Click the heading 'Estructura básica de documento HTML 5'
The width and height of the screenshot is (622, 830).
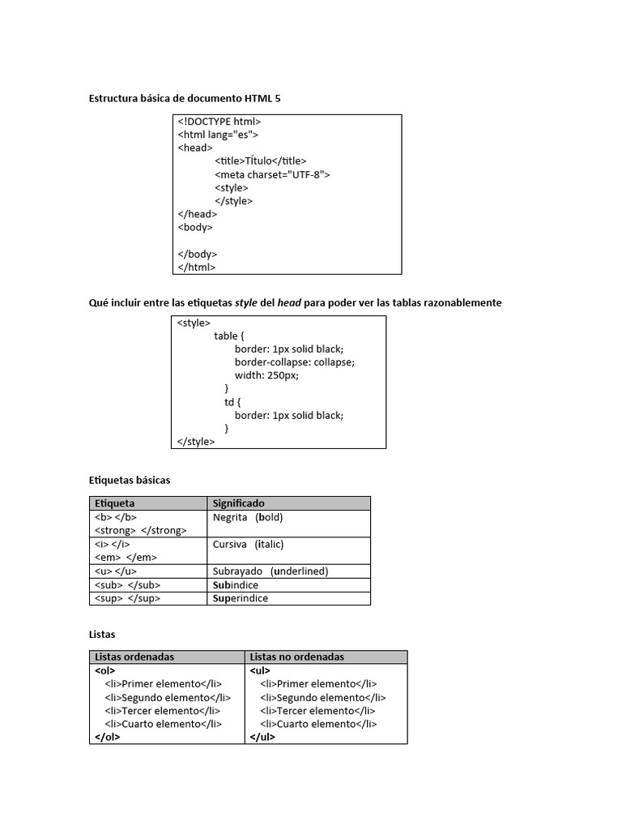[x=185, y=98]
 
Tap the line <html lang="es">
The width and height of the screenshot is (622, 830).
[x=218, y=135]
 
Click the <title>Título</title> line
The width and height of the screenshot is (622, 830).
[x=261, y=161]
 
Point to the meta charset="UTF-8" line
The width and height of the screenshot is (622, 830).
[x=272, y=174]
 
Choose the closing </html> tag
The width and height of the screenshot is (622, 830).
[x=197, y=267]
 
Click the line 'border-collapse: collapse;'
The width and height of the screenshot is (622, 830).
[x=295, y=362]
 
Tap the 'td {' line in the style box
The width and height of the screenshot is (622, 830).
[x=233, y=402]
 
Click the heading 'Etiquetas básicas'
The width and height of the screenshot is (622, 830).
[x=130, y=481]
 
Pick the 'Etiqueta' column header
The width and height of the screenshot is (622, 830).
[x=115, y=503]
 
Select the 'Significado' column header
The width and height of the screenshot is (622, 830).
[x=238, y=503]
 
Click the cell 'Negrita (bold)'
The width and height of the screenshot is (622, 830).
[x=248, y=517]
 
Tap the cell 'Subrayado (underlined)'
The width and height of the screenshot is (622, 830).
[x=270, y=571]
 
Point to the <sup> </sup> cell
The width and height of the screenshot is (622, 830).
[x=128, y=598]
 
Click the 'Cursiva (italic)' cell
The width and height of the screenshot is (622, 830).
[x=248, y=544]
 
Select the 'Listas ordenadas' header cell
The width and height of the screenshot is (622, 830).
[x=134, y=657]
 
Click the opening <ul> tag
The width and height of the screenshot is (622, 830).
[x=261, y=670]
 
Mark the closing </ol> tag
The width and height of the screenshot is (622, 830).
[x=107, y=737]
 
